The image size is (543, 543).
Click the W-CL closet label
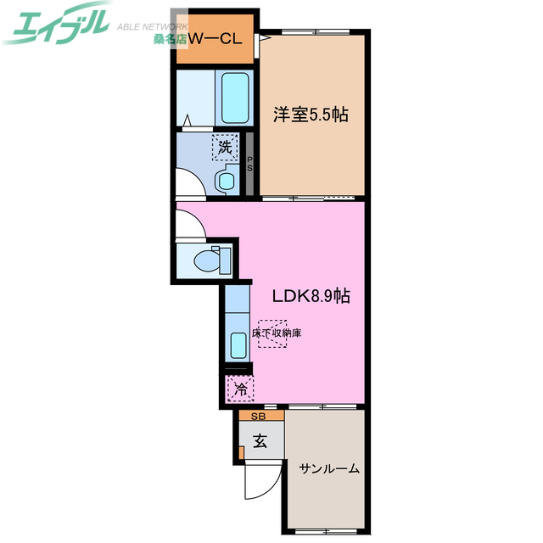[216, 38]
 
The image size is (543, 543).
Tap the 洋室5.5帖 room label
[311, 115]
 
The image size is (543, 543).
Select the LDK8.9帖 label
[311, 296]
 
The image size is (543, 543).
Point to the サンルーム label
[328, 467]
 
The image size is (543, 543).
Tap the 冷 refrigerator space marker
[240, 390]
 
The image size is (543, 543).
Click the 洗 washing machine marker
[224, 147]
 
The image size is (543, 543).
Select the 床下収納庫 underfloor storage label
[277, 333]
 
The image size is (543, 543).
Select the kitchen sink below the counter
[238, 344]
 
